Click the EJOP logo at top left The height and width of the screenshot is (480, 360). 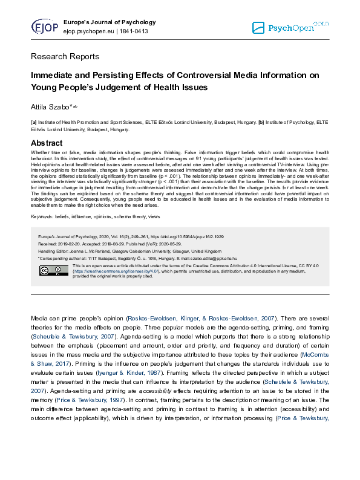(x=44, y=27)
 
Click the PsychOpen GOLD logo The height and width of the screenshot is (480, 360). (x=290, y=27)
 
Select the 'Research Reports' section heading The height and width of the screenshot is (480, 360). (x=65, y=57)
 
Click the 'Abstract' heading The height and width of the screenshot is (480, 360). (x=47, y=143)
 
